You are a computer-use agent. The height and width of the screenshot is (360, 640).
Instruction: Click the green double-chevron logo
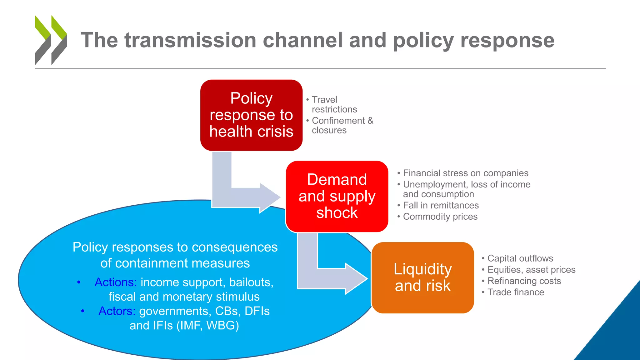click(51, 40)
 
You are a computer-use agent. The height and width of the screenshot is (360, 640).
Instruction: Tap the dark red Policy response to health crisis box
click(251, 115)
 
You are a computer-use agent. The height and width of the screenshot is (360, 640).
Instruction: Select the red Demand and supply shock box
click(337, 196)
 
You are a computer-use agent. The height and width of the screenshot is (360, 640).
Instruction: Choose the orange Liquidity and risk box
click(422, 277)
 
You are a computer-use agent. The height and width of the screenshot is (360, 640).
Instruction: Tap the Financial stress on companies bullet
click(465, 173)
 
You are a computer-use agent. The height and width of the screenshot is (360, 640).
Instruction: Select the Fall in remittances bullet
click(441, 205)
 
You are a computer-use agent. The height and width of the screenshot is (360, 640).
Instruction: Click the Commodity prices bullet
click(440, 217)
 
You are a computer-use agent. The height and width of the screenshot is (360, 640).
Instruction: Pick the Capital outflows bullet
click(520, 258)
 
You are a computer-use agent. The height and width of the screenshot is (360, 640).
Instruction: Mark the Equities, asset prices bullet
click(531, 270)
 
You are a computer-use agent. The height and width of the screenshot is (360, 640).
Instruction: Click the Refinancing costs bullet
click(524, 281)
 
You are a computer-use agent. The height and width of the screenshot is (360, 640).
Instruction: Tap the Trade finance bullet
click(516, 292)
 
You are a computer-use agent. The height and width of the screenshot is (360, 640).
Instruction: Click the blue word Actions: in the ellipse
click(116, 282)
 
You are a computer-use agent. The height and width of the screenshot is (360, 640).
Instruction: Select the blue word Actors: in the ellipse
click(117, 311)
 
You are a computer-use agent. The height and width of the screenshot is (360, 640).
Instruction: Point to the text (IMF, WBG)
click(207, 326)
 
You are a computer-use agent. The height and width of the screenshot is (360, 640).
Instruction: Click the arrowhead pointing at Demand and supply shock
click(269, 198)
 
